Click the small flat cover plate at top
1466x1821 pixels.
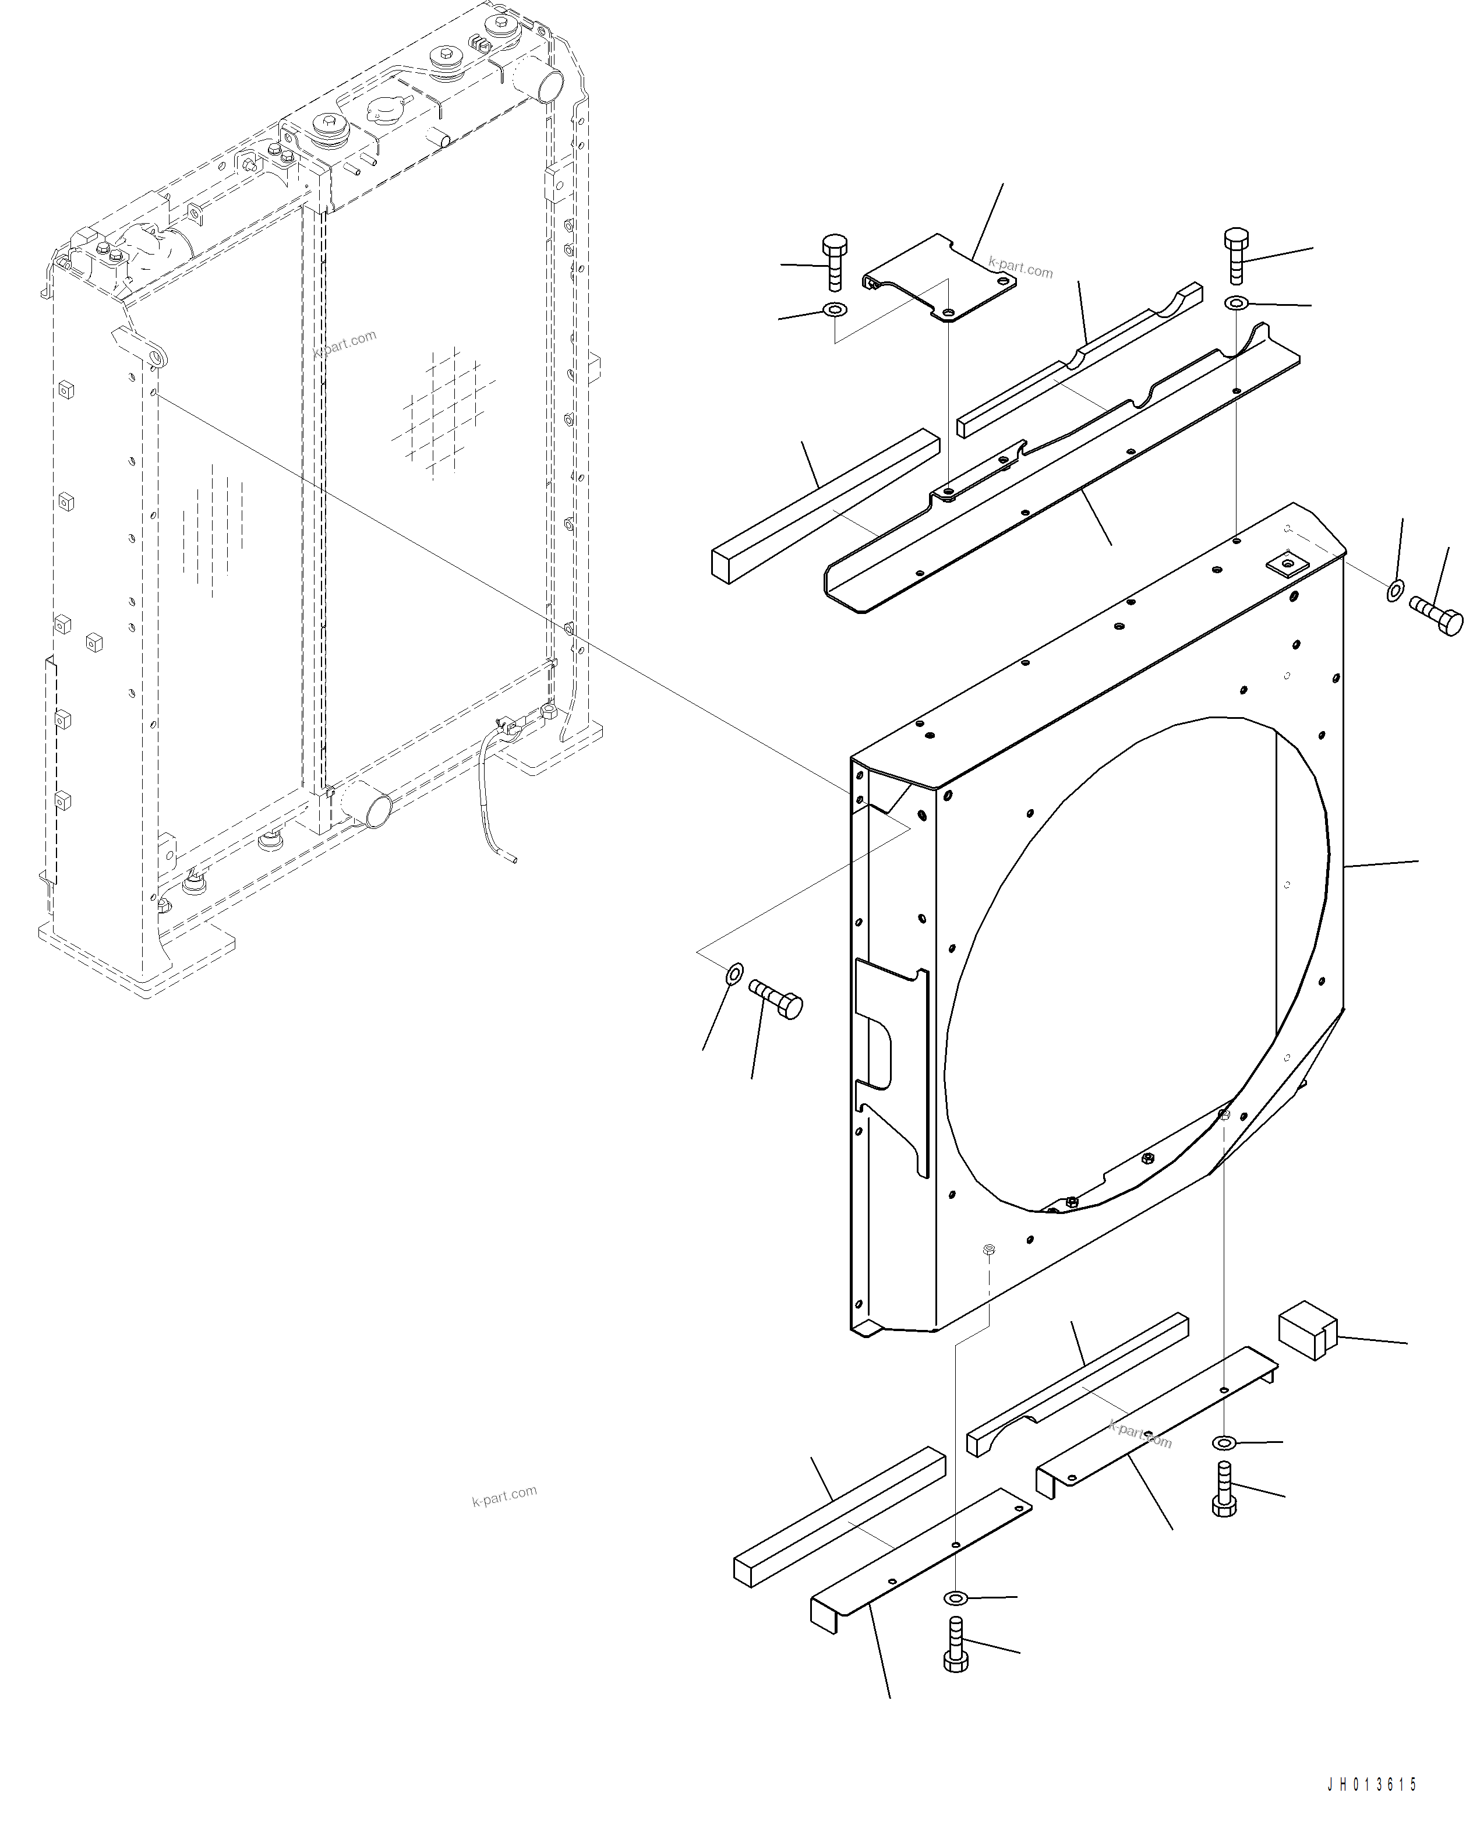tap(939, 278)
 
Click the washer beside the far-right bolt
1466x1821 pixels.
tap(1395, 590)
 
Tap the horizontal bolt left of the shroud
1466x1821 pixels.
tap(776, 999)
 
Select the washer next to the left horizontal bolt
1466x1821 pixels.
tap(734, 974)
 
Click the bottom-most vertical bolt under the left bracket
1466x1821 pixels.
tap(955, 1644)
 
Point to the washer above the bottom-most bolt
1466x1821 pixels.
tap(955, 1597)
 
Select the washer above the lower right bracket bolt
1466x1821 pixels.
tap(1224, 1442)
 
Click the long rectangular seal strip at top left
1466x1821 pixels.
tap(826, 505)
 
